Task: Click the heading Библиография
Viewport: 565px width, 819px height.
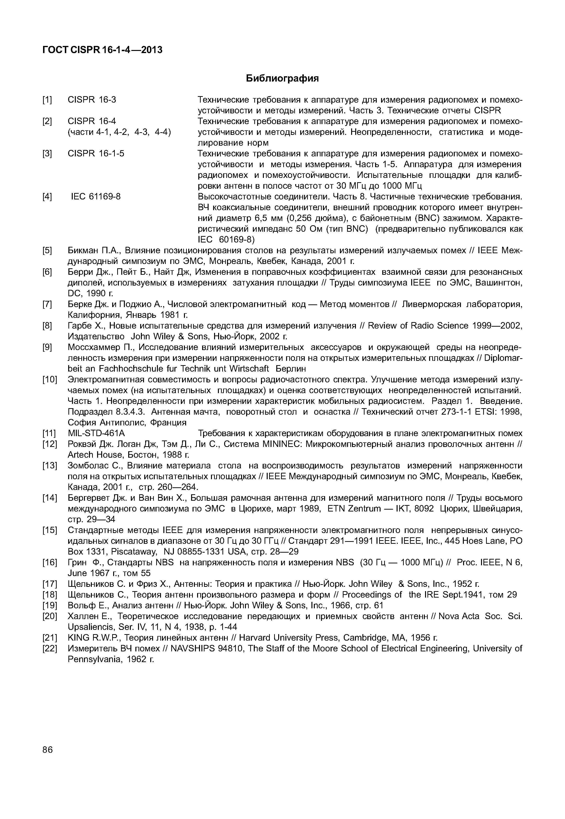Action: (282, 78)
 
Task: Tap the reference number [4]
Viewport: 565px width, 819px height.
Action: (47, 196)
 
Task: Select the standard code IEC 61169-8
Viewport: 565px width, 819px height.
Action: (96, 196)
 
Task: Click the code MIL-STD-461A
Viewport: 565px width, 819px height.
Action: (96, 434)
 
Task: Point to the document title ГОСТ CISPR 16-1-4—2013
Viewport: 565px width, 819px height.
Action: (102, 50)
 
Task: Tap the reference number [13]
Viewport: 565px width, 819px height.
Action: (50, 466)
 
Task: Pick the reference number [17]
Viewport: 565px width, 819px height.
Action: (50, 584)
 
